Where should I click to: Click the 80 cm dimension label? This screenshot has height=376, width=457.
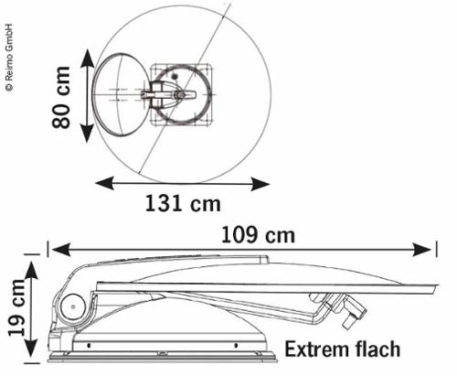tap(61, 97)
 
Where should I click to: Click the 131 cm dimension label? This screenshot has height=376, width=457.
tap(183, 203)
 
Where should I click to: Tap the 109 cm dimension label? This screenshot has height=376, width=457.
tap(258, 235)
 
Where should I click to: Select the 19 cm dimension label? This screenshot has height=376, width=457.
tap(17, 307)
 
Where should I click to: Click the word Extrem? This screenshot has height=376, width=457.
tap(317, 349)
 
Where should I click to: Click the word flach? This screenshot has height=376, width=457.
tap(377, 349)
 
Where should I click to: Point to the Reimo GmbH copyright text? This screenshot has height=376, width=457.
tap(9, 58)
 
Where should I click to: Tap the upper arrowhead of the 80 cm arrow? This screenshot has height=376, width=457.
tap(88, 58)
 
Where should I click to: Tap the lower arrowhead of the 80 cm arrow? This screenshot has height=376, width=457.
tap(88, 134)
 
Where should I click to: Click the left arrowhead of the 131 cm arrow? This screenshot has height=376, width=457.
tap(104, 183)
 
